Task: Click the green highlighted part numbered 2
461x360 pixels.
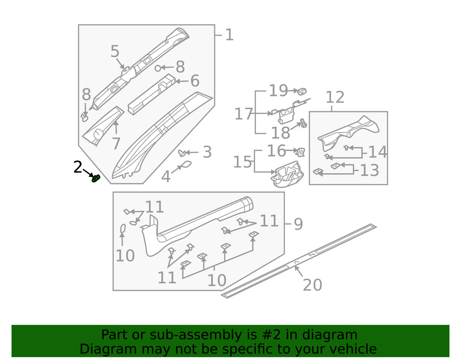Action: [x=96, y=178]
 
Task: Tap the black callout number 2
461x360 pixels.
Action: [x=78, y=167]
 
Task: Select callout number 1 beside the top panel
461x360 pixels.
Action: [x=229, y=35]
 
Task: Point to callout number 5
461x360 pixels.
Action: [x=115, y=52]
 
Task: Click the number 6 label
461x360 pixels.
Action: [x=195, y=81]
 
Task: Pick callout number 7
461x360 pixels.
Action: [x=116, y=143]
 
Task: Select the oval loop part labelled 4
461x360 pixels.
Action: [x=184, y=165]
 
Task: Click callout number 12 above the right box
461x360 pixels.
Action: [x=335, y=97]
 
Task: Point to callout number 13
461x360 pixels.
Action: [x=369, y=170]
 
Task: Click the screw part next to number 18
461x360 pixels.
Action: [x=303, y=124]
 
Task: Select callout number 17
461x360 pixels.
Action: [x=243, y=113]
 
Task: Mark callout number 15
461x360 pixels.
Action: [x=242, y=162]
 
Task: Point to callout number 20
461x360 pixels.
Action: [x=312, y=285]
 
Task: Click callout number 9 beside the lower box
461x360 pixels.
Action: [x=298, y=224]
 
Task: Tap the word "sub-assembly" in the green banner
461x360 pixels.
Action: [x=186, y=335]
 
